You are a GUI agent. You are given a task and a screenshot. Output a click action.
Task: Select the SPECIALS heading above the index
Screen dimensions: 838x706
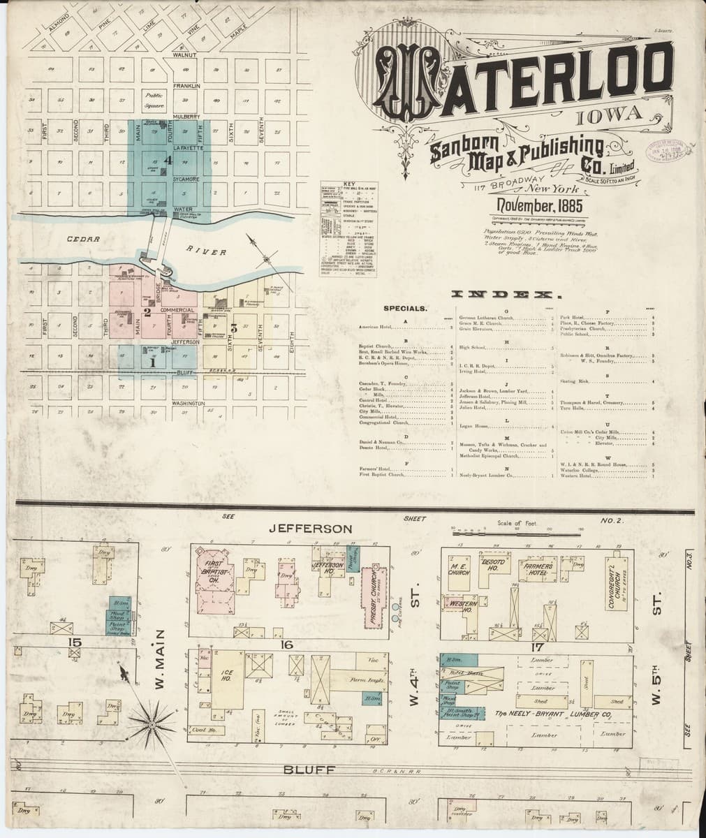405,308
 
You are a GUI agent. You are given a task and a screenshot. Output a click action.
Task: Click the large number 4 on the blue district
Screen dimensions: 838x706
167,160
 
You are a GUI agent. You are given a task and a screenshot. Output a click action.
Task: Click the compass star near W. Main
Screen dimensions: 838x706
151,728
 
